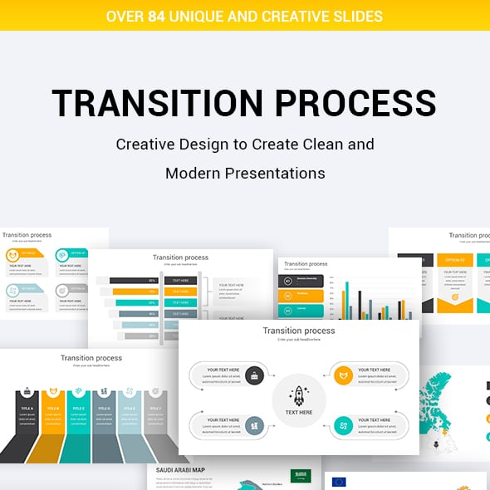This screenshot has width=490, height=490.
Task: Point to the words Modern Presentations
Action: point(245,174)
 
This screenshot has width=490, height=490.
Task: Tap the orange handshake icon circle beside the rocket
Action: point(343,375)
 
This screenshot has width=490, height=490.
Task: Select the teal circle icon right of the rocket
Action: point(343,425)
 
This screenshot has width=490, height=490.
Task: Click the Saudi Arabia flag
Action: point(298,476)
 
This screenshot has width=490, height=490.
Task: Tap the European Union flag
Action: point(338,482)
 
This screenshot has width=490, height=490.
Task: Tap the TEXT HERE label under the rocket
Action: point(299,412)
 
